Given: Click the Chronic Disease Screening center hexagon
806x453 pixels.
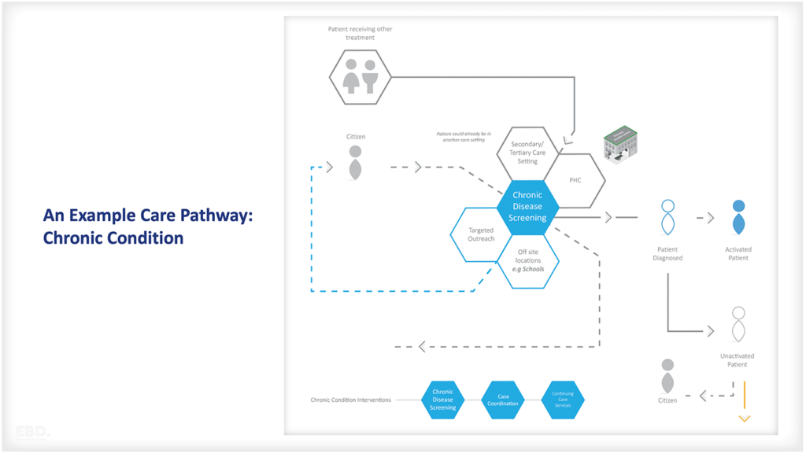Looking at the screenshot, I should [527, 207].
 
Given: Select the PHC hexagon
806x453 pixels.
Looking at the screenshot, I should [575, 180].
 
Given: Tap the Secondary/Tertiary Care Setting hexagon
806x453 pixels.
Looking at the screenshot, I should [527, 153].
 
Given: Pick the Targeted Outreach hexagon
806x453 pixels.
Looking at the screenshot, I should [481, 234].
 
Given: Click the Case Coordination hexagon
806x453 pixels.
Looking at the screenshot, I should [503, 400].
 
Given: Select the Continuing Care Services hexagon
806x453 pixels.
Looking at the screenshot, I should [563, 400].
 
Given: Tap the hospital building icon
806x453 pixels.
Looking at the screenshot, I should [620, 143].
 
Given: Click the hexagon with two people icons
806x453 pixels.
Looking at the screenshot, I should [360, 76].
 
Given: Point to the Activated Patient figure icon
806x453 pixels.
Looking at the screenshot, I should [738, 217].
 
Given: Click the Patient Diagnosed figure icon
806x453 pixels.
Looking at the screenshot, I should [667, 218].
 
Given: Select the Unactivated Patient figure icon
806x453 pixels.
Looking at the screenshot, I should [738, 323].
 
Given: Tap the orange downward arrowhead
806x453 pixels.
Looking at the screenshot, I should [744, 418].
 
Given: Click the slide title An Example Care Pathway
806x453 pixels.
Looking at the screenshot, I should [148, 215].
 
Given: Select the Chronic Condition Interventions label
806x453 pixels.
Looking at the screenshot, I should [351, 400].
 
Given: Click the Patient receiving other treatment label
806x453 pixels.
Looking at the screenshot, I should [360, 33].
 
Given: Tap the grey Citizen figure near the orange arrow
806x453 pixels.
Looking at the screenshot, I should [667, 377].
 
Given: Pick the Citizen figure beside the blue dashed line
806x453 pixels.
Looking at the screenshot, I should [356, 162].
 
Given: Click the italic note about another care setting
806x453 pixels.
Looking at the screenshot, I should [464, 137].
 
